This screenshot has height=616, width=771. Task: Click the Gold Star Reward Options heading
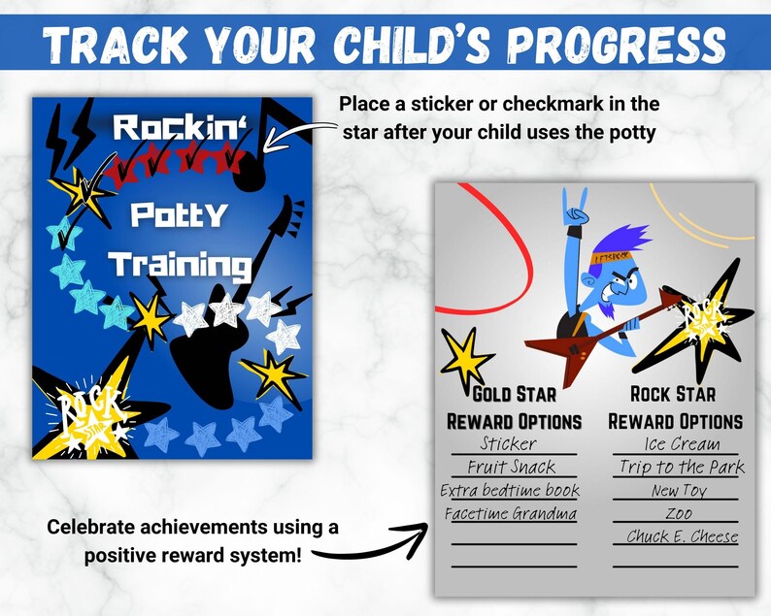coord(514,407)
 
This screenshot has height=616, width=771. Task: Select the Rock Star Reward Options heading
coord(675,407)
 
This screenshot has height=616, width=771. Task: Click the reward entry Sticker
coord(509,444)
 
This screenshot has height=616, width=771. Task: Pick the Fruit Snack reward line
coord(511,468)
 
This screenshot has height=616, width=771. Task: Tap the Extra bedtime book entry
coord(510,491)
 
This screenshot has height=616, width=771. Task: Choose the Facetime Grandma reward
coord(511,514)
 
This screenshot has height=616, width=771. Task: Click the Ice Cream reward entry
coord(682,444)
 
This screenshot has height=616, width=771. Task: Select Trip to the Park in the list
coord(682,468)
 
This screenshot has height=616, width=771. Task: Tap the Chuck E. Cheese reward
coord(682,537)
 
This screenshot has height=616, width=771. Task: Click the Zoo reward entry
coord(679,514)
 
